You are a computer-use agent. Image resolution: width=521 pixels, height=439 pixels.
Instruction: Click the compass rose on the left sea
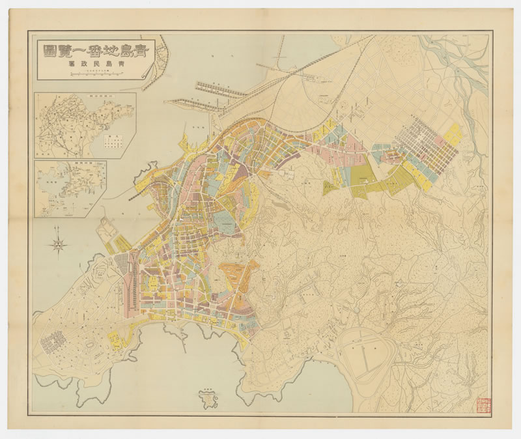[x=58, y=244]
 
